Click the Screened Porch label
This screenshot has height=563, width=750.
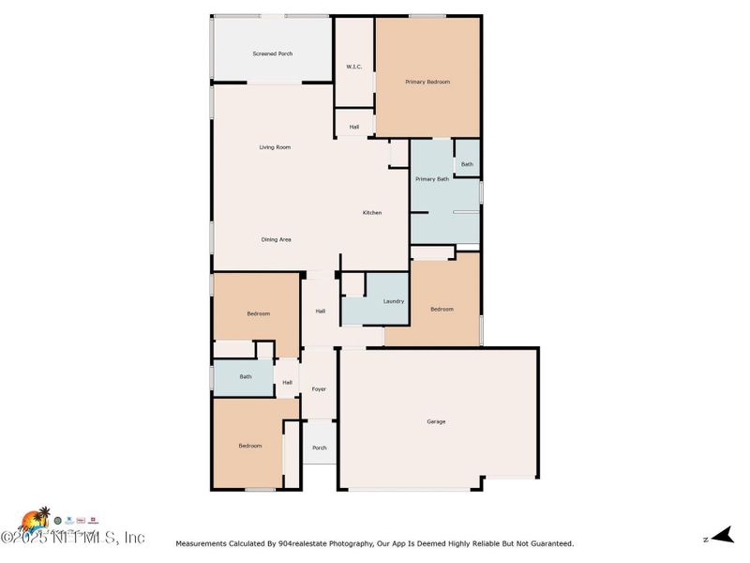[x=272, y=53]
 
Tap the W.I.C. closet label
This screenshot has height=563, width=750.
[x=354, y=67]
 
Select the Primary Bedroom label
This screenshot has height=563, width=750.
[x=427, y=83]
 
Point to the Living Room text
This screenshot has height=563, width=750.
[x=275, y=147]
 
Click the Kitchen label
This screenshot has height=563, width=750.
[x=372, y=213]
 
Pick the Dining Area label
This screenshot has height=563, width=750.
[x=276, y=239]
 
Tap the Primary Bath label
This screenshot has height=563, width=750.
[x=432, y=179]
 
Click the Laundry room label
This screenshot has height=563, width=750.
[x=394, y=301]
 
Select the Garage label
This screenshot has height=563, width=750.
[x=436, y=421]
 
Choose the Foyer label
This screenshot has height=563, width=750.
[x=319, y=388]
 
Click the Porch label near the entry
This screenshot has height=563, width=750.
[x=320, y=448]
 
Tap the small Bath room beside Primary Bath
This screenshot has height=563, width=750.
[x=467, y=165]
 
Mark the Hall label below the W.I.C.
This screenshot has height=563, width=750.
[x=354, y=127]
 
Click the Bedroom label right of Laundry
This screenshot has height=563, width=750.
[x=442, y=309]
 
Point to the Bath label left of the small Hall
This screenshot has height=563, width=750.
[x=246, y=377]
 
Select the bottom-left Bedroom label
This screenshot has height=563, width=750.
[x=249, y=446]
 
